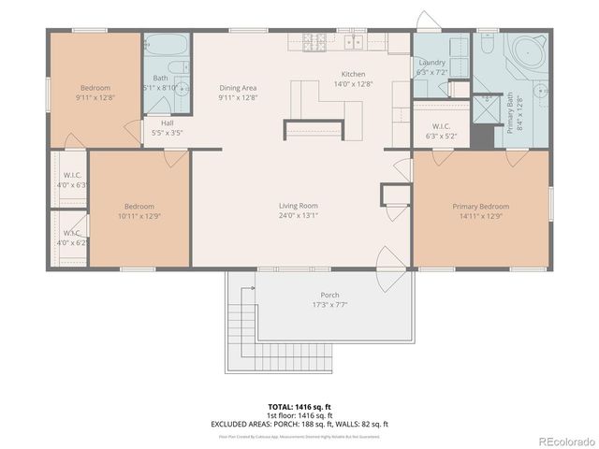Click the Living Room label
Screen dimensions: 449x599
click(x=298, y=206)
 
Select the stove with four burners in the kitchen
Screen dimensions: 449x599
click(x=314, y=42)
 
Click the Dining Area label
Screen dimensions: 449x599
click(x=238, y=88)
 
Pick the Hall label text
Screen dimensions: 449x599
click(x=167, y=123)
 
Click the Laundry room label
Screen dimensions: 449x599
click(x=432, y=62)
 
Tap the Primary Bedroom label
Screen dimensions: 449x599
click(x=480, y=206)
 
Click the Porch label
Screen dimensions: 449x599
click(x=329, y=295)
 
